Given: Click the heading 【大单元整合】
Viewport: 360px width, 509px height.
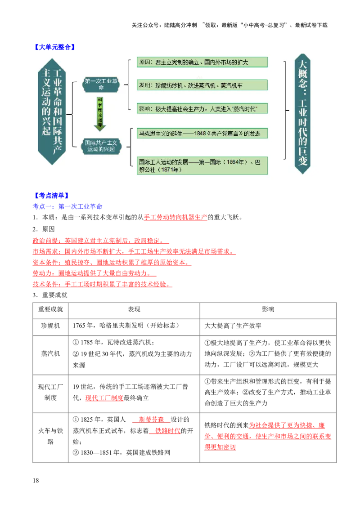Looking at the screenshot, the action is [54, 47].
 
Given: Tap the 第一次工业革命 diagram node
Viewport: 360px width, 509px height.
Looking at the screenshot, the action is [101, 84].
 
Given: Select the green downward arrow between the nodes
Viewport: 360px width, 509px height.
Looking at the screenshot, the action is [100, 114].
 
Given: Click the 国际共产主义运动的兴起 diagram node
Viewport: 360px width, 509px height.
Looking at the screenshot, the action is [101, 146].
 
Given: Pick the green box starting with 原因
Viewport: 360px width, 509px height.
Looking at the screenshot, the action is [202, 63].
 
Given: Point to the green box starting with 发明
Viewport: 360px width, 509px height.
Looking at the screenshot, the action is [202, 85].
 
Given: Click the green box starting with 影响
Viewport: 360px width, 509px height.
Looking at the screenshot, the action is [202, 108].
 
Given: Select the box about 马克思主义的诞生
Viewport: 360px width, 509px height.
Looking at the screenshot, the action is [202, 133].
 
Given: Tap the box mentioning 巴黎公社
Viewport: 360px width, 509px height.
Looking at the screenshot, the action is [202, 165].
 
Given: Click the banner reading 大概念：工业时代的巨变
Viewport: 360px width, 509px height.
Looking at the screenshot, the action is [302, 114].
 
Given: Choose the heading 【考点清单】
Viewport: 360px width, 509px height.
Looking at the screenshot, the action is [52, 196].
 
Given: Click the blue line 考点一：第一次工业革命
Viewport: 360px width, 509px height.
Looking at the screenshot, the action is [67, 206].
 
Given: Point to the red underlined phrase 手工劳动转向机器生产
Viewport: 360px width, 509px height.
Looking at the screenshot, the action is [175, 217].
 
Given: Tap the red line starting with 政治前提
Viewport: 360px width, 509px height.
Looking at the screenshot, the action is [101, 241].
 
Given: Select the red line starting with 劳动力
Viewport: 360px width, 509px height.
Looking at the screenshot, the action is [94, 273].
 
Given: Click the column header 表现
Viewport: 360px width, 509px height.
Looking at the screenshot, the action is [134, 309].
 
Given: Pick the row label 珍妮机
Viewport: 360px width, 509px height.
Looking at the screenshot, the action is [50, 326].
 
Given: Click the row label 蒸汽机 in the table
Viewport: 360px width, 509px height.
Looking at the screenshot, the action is [50, 353].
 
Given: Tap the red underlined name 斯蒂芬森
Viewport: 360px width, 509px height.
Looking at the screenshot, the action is [151, 420].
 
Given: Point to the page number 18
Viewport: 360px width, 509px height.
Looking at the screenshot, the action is [36, 480].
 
